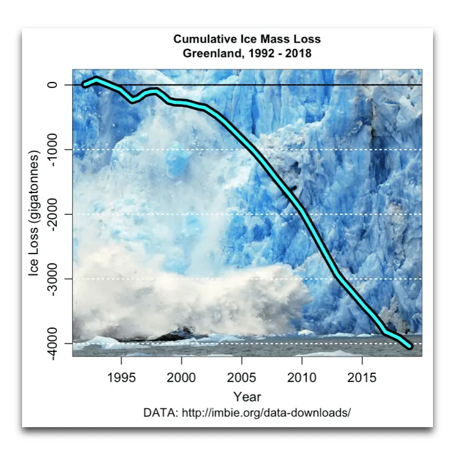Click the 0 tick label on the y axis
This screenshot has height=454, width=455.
click(53, 84)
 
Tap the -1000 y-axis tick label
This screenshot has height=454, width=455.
click(53, 149)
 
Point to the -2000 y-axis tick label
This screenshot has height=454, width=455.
click(53, 214)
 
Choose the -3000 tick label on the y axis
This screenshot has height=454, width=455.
click(53, 279)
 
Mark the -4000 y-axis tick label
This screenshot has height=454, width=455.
click(53, 343)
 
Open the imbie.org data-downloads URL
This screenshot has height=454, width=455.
click(265, 412)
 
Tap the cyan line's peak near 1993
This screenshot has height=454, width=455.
click(97, 79)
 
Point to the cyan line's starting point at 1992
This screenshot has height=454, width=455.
click(84, 85)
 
